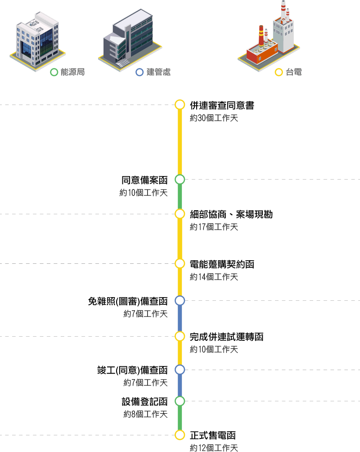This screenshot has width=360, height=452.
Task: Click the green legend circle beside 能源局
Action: pos(54,72)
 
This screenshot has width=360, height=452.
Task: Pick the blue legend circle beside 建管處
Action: pos(139,72)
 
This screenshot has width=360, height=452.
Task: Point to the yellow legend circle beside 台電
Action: pos(279,72)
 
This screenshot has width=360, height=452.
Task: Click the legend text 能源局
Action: pos(72,72)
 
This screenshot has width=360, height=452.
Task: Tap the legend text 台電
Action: pos(294,72)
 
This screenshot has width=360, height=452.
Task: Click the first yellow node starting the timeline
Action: pos(180,105)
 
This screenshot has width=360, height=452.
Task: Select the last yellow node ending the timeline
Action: pos(180,435)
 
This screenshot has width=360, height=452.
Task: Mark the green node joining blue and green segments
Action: pos(180,401)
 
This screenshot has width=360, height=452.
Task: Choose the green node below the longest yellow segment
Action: pos(180,179)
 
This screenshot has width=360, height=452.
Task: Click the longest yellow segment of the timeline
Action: pos(180,142)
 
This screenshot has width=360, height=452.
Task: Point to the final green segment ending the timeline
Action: pos(180,418)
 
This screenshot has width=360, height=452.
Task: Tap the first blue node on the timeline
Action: pos(180,300)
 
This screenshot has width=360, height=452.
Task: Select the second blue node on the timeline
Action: pos(180,370)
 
